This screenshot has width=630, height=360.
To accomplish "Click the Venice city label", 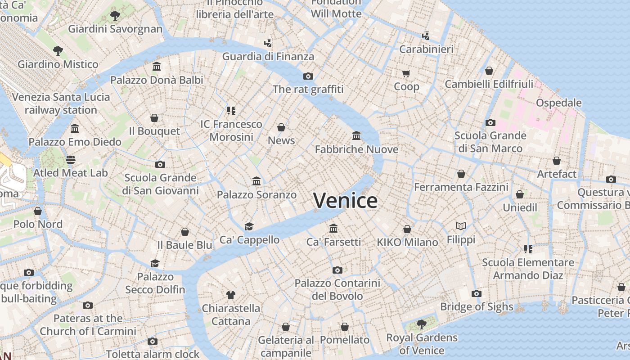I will point(345,201).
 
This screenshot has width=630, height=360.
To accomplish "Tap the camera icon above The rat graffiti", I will point(308,76).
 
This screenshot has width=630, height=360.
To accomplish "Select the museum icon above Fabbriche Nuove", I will point(356,135).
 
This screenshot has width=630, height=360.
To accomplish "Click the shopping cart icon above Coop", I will point(406,73).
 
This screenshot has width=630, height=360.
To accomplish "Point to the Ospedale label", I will point(558,103).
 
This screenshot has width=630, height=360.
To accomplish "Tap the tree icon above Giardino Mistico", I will point(58,50).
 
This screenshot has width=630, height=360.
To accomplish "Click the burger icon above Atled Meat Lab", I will point(71,160).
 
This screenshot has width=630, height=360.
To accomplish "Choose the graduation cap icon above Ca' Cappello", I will point(249,226).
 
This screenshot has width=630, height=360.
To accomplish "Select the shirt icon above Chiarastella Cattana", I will point(231,295).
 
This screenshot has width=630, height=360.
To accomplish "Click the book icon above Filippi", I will point(461,226).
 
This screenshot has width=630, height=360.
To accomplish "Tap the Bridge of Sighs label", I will point(477,307).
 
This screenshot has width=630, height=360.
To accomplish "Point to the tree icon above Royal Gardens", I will point(422,324).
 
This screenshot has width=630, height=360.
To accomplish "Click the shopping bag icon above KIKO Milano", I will point(407,229).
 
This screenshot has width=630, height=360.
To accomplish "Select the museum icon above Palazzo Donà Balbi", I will point(157,67).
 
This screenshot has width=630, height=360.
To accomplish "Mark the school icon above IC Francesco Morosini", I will point(231,110).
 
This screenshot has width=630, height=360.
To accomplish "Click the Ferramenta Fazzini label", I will point(461,187).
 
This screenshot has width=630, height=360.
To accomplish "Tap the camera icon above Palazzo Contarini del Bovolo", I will point(337,270).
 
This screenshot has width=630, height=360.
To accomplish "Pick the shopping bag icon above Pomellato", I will point(345,327).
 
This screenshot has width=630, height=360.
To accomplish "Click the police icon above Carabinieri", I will point(426,36).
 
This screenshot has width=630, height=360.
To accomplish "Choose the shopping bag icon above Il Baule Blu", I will point(184,232).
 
